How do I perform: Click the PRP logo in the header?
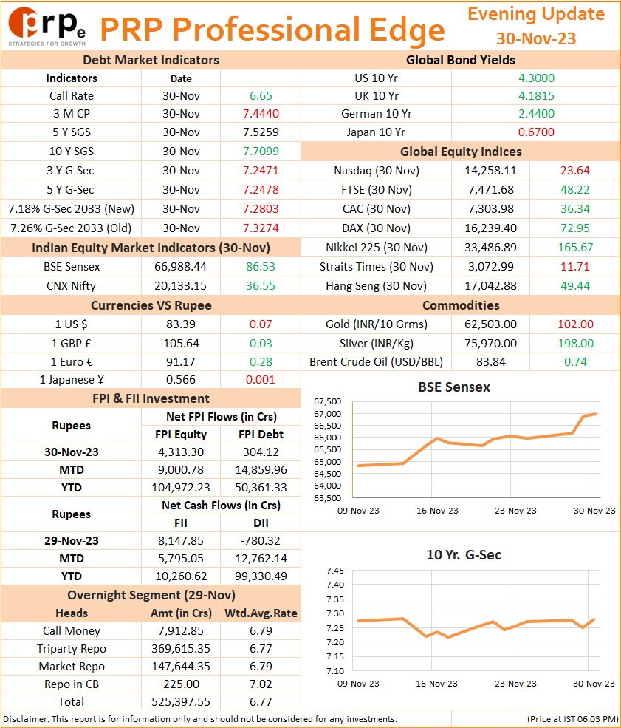coord(47,27)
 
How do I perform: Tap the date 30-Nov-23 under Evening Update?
coord(536,38)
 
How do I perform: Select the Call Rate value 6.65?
coord(261,96)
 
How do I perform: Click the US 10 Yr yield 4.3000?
coord(536,78)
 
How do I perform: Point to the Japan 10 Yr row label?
coord(376,132)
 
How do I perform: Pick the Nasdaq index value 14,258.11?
coord(491,171)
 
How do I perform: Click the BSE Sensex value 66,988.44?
coord(180,267)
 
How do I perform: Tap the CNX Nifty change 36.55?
coord(261,286)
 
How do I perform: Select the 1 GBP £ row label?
coord(71,344)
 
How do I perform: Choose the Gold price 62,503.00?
coord(491,324)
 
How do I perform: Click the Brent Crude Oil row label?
coord(376,362)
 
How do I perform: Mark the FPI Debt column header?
coord(261,435)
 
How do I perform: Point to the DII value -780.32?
coord(261,541)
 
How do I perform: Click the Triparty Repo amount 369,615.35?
coord(181,649)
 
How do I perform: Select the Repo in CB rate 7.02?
coord(261,684)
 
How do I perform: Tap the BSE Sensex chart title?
coord(454,387)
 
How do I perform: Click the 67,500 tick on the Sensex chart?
coord(327,401)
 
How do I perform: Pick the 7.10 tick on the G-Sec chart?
coord(335,671)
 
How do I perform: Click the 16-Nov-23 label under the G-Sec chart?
coord(436,684)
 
